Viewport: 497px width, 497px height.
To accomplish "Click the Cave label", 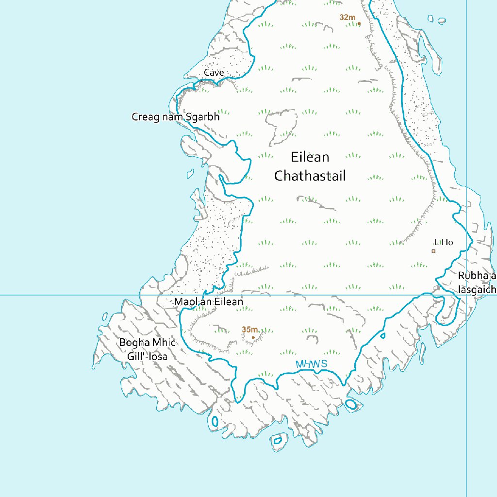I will [x=214, y=73].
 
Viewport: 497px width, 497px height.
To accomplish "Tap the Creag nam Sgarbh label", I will [x=176, y=117].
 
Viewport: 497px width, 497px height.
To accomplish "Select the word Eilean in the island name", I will [x=310, y=157].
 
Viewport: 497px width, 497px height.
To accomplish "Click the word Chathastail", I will [x=310, y=176].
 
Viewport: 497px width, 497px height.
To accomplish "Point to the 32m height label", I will [x=348, y=17].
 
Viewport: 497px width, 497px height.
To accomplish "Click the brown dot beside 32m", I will [x=359, y=23].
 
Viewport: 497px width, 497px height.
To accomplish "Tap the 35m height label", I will [x=249, y=330].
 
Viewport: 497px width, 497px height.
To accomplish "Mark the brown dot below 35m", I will [x=253, y=337].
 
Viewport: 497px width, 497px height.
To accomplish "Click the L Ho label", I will [x=444, y=242].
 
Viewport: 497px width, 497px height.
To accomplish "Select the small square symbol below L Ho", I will [x=433, y=251].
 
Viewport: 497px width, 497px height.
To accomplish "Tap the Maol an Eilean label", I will [x=209, y=302].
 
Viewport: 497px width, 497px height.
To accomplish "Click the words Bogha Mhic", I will [x=147, y=343].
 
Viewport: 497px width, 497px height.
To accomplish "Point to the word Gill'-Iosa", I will [x=147, y=357].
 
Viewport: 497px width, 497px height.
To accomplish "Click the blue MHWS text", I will [x=311, y=364].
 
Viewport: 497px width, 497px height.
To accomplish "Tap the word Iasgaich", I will [x=477, y=290].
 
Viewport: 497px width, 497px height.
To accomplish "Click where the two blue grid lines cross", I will [x=466, y=295].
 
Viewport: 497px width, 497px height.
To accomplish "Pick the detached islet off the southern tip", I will [x=277, y=440].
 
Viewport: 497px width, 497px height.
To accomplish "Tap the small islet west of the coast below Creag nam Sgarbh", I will [x=190, y=173].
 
